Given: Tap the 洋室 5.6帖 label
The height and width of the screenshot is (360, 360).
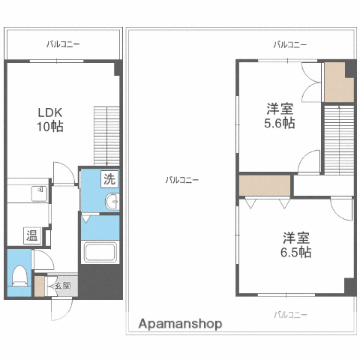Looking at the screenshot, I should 280,115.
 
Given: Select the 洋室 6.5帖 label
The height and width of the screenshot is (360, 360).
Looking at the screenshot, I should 296,245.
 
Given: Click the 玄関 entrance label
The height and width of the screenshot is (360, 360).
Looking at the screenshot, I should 62,285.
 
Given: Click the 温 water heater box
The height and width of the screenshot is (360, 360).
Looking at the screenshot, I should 32,235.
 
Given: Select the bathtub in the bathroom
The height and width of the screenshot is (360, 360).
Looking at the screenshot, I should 99,253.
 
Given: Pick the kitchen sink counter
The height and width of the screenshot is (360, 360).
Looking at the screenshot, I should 28,194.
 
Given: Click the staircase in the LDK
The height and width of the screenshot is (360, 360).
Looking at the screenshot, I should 106,135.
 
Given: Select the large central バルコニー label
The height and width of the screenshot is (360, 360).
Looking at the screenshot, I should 181,180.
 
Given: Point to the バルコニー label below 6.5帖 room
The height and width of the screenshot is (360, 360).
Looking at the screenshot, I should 290,315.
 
